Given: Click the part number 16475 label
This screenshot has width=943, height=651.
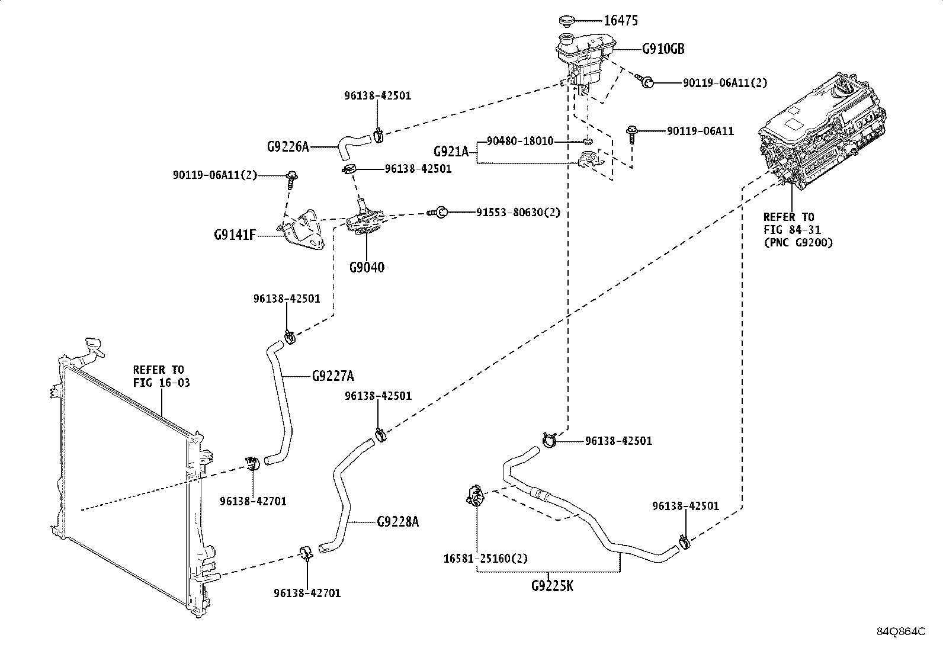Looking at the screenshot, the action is coord(621,20).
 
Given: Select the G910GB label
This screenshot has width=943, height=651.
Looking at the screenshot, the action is coord(663,49).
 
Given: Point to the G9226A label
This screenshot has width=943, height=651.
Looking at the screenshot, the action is coord(288,146).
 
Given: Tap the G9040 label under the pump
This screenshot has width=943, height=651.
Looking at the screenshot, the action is coord(367,267).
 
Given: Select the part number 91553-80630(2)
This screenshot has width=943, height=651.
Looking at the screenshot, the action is coord(518,212).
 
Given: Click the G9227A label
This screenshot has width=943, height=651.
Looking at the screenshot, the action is coord(333,376).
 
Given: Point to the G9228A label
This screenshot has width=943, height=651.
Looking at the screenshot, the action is coord(398,522).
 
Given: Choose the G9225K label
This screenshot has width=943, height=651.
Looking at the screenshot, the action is coord(552,586).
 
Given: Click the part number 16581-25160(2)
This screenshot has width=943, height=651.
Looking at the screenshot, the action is coord(485,559).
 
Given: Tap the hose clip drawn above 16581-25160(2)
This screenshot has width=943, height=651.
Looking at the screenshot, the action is coord(475,495).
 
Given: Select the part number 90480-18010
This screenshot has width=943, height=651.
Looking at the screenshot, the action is coord(520,141).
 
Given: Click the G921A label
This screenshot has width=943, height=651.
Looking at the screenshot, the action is coord(451,151).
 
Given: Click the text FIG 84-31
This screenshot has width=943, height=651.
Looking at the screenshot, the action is coord(793,229).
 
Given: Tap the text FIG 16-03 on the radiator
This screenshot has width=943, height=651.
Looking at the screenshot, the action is coord(162,383).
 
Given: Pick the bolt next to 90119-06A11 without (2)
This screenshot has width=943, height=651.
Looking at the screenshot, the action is coord(631,134).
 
